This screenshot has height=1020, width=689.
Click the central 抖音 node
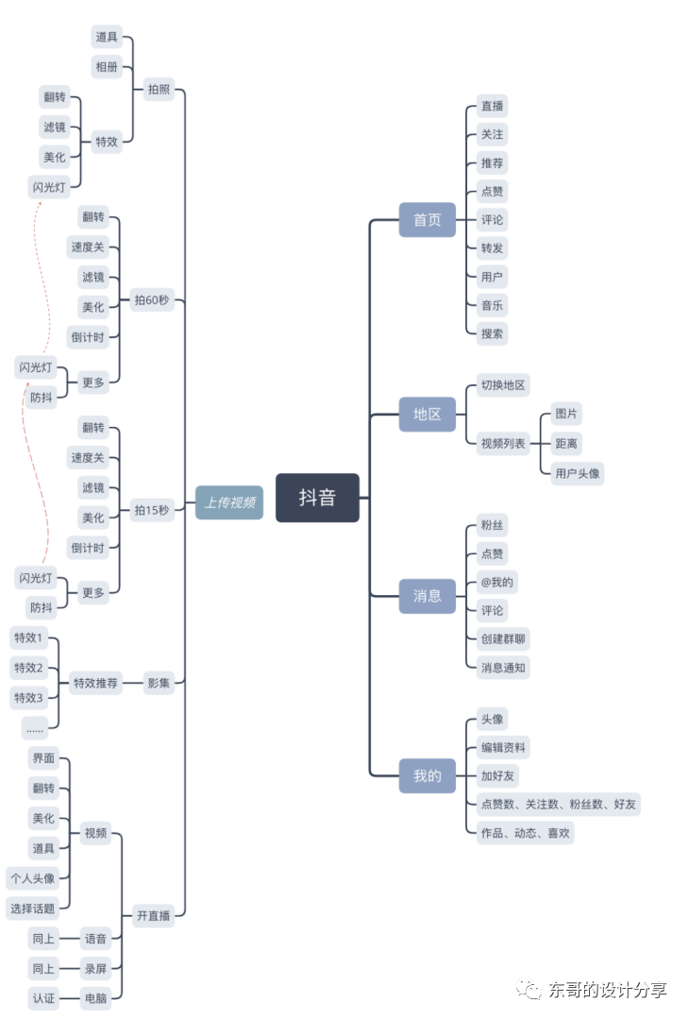[x=317, y=498]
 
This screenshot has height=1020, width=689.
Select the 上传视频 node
[x=229, y=502]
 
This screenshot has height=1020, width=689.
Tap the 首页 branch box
[x=427, y=220]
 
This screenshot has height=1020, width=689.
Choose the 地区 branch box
[x=427, y=414]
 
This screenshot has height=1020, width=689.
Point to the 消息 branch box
[x=427, y=596]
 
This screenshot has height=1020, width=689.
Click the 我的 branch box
[x=427, y=776]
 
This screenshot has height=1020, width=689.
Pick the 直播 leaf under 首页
[x=492, y=106]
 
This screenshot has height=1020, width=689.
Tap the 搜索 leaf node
[x=492, y=333]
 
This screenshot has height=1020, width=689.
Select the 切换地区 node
[x=503, y=385]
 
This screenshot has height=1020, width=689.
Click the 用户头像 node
[x=578, y=473]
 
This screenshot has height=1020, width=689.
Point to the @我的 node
[x=497, y=582]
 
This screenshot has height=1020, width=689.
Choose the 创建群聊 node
[x=503, y=638]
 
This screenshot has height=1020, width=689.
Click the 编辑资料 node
[x=503, y=748]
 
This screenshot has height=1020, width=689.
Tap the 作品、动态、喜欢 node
[x=524, y=833]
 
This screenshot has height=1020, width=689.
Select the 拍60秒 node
[x=152, y=300]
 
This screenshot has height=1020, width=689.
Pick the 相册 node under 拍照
[x=107, y=67]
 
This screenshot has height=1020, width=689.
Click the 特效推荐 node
[x=95, y=683]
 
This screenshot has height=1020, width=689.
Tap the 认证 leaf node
[x=43, y=998]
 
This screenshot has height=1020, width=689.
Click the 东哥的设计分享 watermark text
[x=607, y=990]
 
